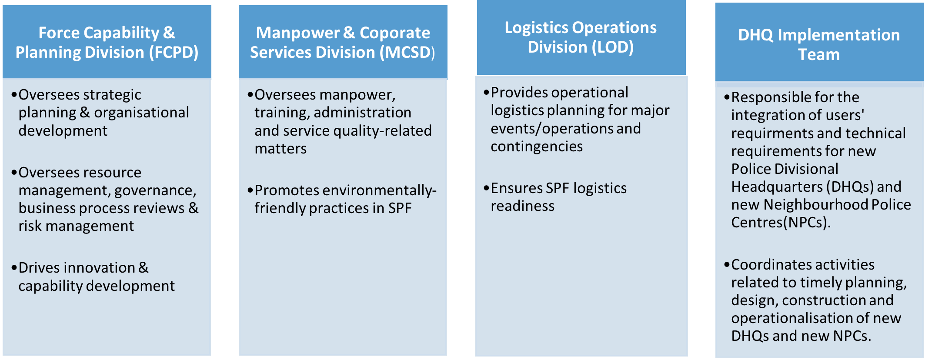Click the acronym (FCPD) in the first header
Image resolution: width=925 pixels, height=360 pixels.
tap(174, 53)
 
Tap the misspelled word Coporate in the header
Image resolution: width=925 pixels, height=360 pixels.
tap(395, 33)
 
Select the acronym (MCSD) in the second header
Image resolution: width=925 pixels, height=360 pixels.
tap(407, 53)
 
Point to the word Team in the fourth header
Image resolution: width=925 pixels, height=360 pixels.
tap(819, 55)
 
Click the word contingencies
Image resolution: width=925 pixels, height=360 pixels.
tap(537, 147)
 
